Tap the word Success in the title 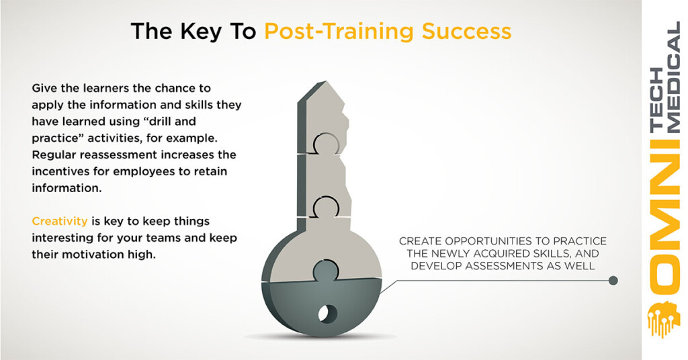point(466,31)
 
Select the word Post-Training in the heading point(339,32)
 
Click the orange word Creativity point(60,222)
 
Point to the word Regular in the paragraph point(54,155)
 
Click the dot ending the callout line point(613,280)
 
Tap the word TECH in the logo point(656,100)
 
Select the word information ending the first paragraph point(66,188)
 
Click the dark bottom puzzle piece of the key point(322,305)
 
